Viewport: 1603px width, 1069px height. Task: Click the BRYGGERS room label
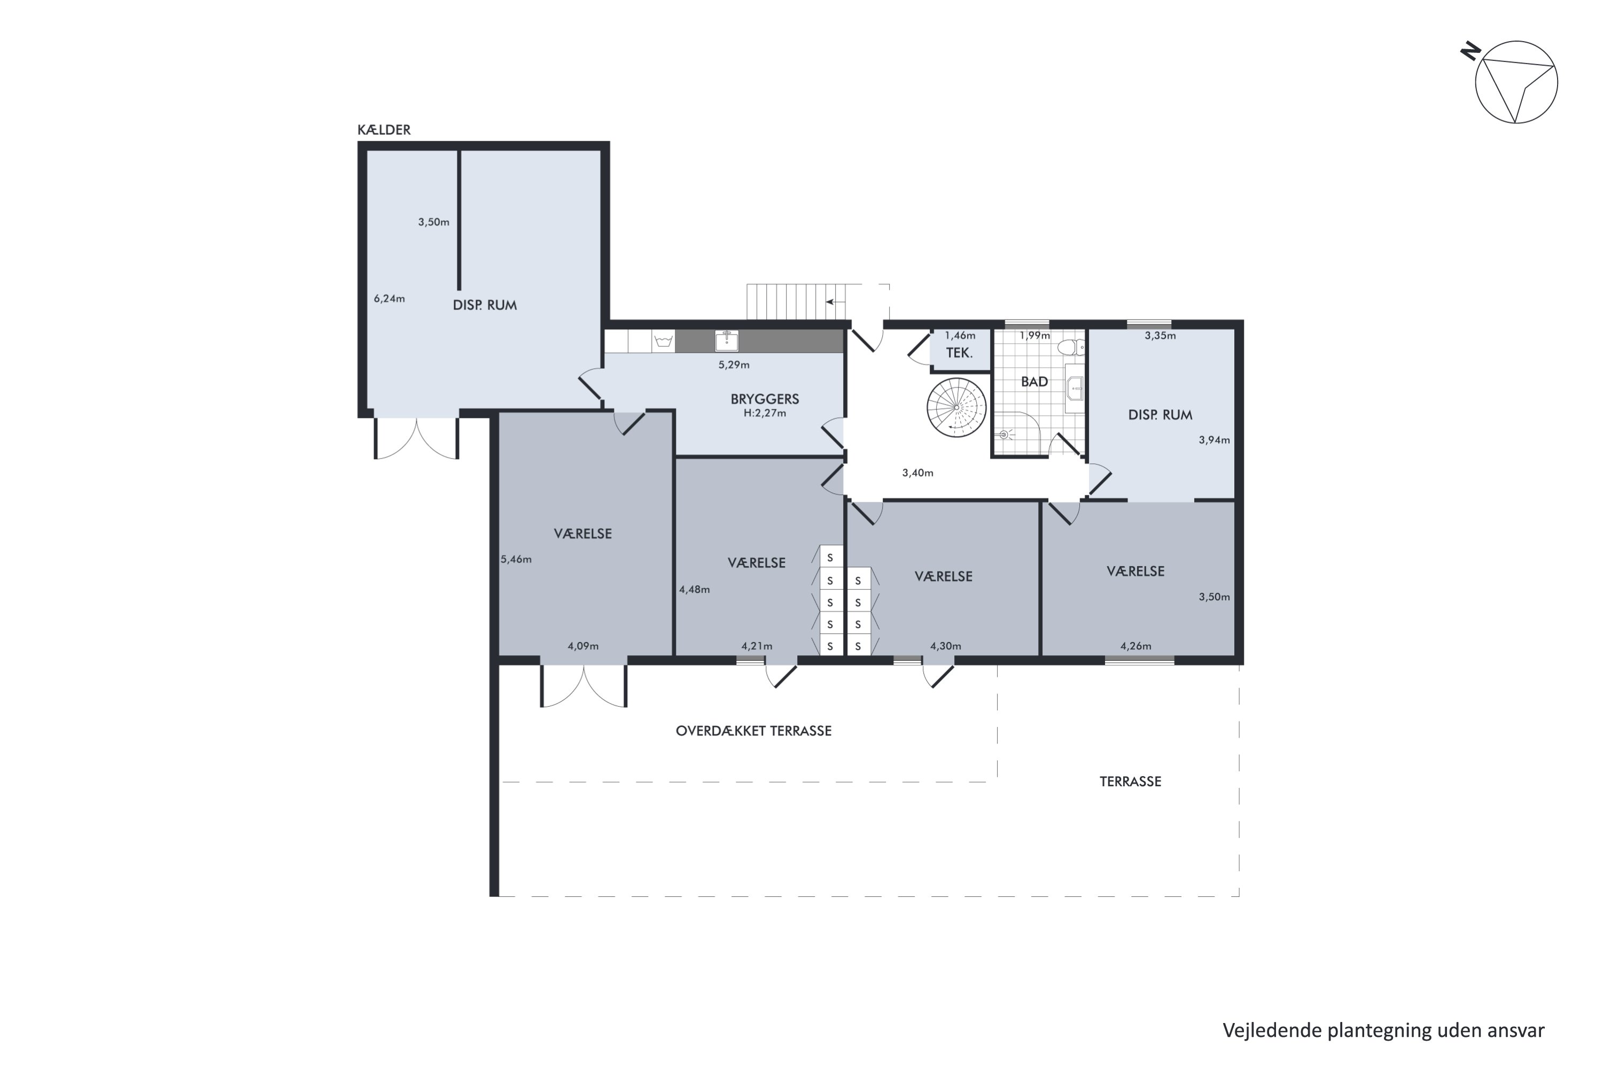[x=765, y=399]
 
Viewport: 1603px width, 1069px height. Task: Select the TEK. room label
[x=959, y=353]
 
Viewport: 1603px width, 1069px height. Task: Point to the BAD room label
[x=1034, y=382]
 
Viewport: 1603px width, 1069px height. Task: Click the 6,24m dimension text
[x=389, y=299]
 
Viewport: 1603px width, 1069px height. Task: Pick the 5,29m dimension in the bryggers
[x=734, y=365]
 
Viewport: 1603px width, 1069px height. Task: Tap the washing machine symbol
[x=663, y=341]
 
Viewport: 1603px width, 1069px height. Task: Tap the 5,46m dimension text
[x=516, y=560]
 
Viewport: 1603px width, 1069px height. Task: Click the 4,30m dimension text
[x=946, y=646]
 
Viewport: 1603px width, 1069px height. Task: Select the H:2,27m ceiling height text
[x=765, y=413]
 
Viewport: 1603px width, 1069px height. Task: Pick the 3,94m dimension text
[x=1215, y=440]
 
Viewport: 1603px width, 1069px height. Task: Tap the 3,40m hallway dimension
[x=918, y=473]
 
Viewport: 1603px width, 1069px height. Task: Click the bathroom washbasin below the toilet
[x=1075, y=389]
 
